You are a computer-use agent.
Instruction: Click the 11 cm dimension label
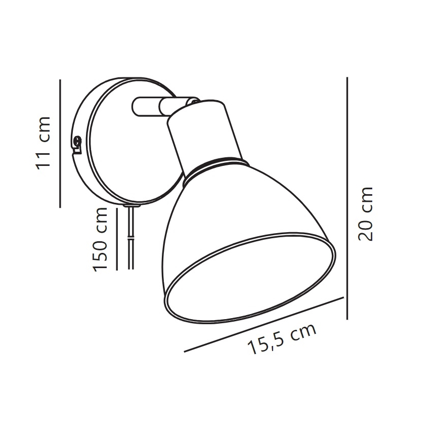click(x=45, y=143)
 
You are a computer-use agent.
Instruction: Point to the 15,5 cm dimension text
click(x=281, y=339)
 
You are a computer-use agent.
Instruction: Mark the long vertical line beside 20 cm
click(x=347, y=197)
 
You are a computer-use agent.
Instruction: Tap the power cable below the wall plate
click(x=131, y=238)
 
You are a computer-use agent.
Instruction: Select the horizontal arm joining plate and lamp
click(x=147, y=107)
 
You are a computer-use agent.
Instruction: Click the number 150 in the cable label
click(x=102, y=251)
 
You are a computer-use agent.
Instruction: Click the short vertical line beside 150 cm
click(x=116, y=238)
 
